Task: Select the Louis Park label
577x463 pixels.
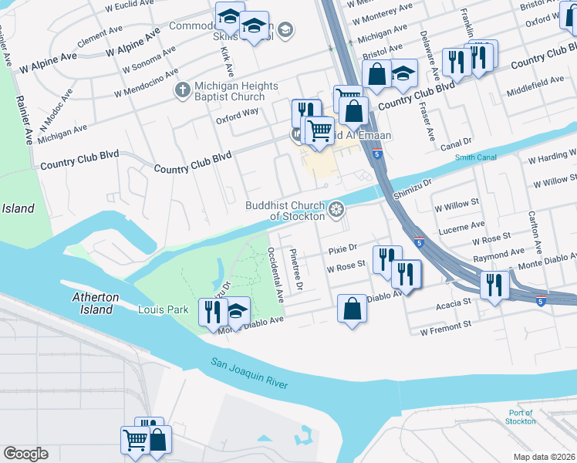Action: click(x=163, y=310)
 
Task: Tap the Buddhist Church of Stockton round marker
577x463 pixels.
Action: click(x=336, y=209)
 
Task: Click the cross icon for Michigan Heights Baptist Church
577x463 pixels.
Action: click(x=182, y=90)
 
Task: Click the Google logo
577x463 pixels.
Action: click(x=25, y=454)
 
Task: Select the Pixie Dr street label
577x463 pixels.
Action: click(x=342, y=249)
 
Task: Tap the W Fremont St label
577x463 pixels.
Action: click(x=445, y=329)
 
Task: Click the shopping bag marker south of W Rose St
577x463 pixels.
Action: click(x=352, y=310)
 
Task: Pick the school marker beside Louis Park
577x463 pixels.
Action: click(x=237, y=310)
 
